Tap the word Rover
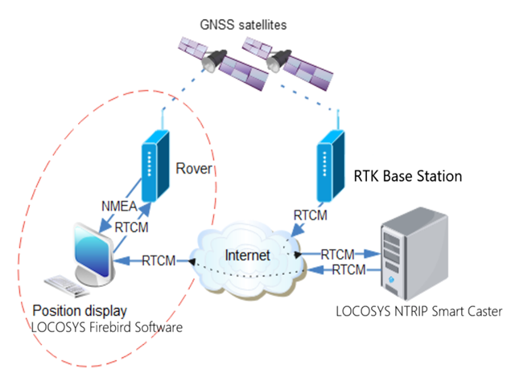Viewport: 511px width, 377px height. [x=193, y=170]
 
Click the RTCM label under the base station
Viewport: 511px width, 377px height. [x=311, y=215]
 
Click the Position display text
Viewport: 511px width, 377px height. [x=80, y=309]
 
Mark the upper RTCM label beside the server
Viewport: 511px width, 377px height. [x=337, y=254]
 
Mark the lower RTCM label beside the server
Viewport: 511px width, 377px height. [x=348, y=268]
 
